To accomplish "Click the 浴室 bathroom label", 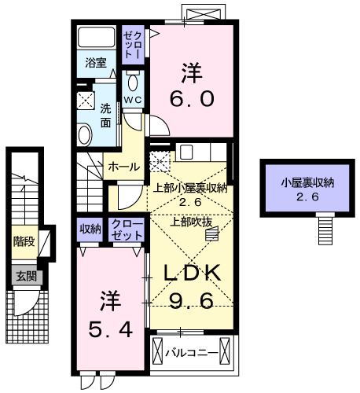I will tap(97, 64).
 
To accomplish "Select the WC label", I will tap(131, 101).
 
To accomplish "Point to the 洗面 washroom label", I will tap(105, 116).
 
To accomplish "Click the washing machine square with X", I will tap(86, 101).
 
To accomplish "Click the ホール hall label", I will tap(124, 167).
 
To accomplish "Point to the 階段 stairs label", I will tap(23, 241).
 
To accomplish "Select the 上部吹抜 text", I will tap(189, 222).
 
